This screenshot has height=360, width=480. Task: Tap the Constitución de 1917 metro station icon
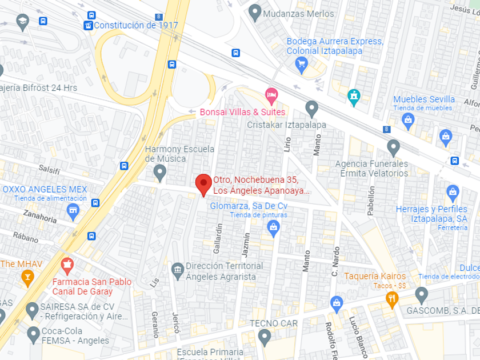(x=88, y=25)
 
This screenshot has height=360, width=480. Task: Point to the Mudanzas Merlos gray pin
(x=255, y=12)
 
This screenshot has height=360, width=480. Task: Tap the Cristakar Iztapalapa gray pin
(x=311, y=107)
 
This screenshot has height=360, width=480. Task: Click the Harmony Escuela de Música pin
(x=160, y=171)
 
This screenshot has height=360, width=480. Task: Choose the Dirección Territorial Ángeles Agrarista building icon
(x=178, y=269)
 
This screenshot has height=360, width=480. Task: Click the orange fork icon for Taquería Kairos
(x=391, y=298)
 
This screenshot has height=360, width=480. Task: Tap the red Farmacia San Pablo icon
(x=67, y=265)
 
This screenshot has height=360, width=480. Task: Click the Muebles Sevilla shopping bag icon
(x=408, y=119)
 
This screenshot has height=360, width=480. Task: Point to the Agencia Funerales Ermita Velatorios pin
(x=393, y=147)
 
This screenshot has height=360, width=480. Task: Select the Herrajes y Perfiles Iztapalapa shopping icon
(x=453, y=191)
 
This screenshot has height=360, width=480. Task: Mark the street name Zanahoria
(x=39, y=218)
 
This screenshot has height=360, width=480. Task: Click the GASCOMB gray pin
(x=422, y=295)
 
